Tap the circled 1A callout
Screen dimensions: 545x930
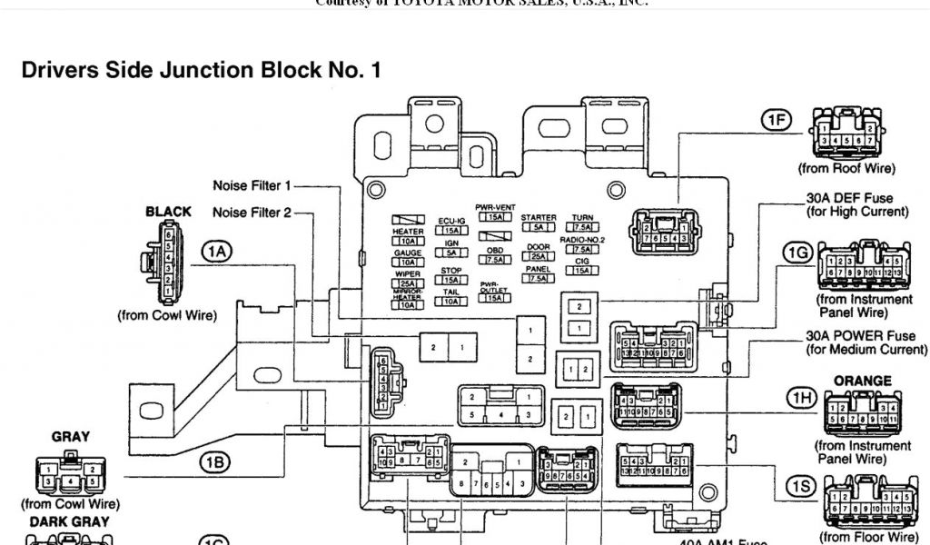click(216, 252)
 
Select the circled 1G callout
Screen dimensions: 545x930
click(797, 253)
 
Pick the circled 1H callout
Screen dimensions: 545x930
click(800, 397)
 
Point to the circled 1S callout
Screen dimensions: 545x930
click(800, 488)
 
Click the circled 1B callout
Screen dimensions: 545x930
click(215, 462)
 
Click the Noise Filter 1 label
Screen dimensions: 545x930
click(252, 186)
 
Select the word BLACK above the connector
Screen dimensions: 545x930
click(169, 212)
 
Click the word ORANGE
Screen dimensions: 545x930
click(862, 381)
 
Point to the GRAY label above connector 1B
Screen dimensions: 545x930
click(70, 437)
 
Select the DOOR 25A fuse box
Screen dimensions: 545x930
click(538, 256)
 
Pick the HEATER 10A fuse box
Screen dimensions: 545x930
click(408, 241)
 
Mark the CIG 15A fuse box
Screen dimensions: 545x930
click(582, 270)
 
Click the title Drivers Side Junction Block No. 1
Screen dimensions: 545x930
click(201, 70)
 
